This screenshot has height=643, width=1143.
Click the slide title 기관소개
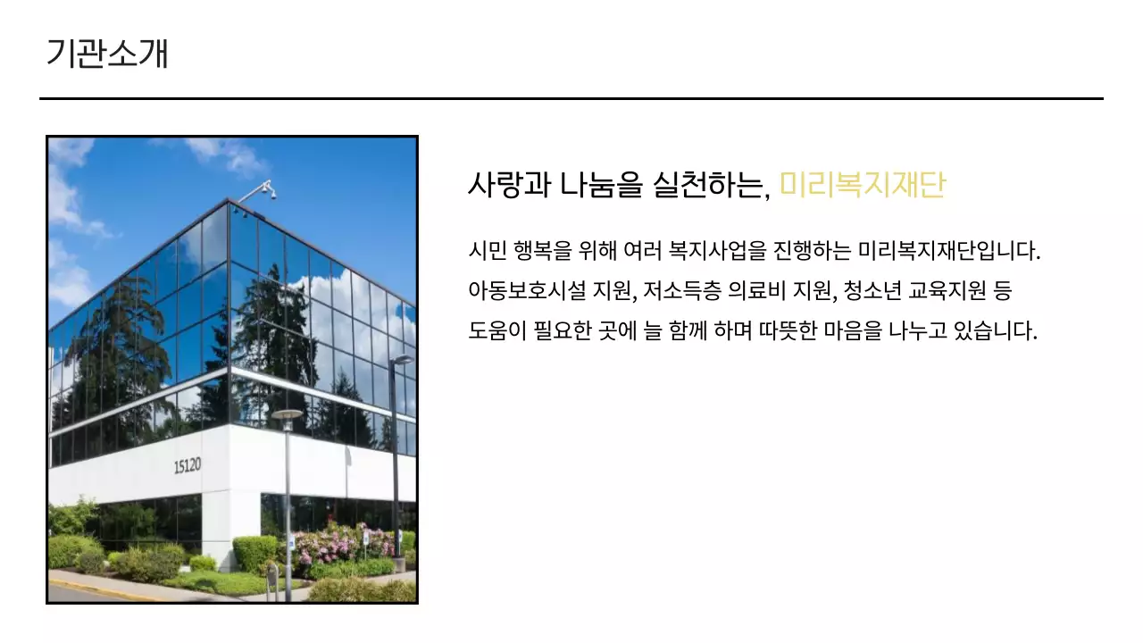pos(107,54)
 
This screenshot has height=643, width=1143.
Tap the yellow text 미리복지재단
pos(862,185)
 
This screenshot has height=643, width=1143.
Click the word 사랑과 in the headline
pos(507,185)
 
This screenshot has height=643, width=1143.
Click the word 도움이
pos(496,331)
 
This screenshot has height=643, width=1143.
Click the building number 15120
pos(188,465)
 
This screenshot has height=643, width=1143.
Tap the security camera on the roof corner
pos(267,188)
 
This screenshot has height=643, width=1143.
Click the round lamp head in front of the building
pos(287,414)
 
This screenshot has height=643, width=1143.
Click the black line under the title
pos(571,98)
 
